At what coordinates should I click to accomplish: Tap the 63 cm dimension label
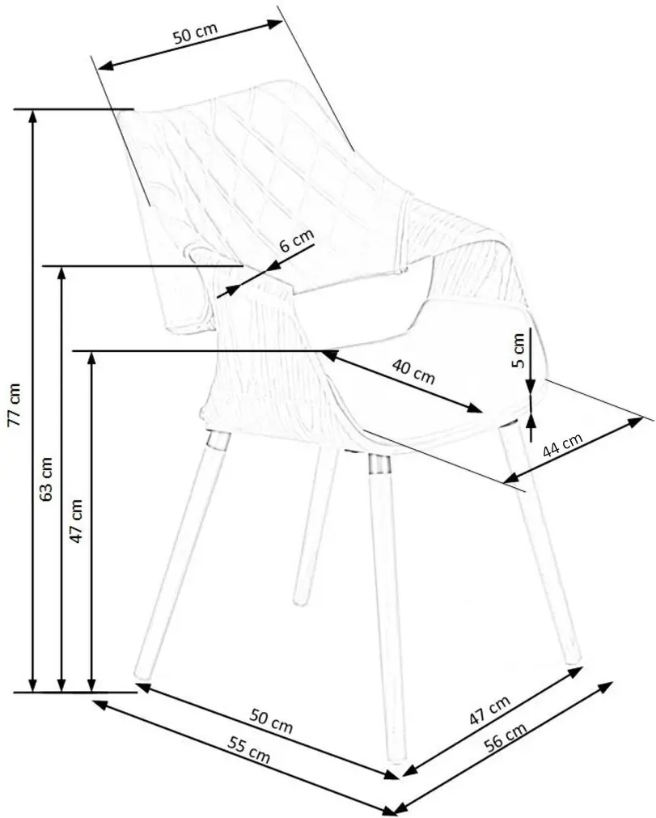46,478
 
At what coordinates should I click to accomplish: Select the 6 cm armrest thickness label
297,240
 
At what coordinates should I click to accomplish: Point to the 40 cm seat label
413,371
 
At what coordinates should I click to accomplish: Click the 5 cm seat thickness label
518,350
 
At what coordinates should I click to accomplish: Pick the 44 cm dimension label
562,445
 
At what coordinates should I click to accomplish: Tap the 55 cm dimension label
248,750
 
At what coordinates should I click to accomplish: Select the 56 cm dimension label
505,737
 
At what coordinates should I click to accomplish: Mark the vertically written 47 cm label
76,520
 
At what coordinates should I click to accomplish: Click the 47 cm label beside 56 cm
489,710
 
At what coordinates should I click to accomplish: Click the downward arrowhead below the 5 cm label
531,387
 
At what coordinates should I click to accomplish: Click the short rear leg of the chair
311,527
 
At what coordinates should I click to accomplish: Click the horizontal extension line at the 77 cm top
74,109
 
